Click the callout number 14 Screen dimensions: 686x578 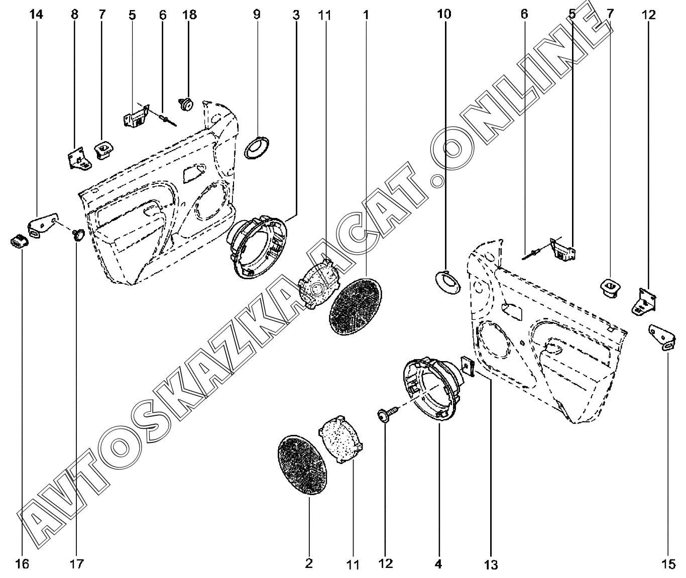click(x=36, y=15)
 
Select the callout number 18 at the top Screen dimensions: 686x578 click(x=189, y=15)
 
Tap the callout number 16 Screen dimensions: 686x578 click(x=22, y=564)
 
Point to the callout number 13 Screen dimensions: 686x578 click(x=491, y=565)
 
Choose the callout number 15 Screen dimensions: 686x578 click(x=668, y=564)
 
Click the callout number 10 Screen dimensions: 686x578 click(x=444, y=14)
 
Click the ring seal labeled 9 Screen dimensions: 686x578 click(x=257, y=148)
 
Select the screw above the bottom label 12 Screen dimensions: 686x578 click(x=388, y=412)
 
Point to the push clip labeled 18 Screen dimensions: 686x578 click(x=186, y=104)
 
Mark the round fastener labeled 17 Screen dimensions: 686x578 click(x=78, y=235)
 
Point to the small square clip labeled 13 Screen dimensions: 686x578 click(x=468, y=365)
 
